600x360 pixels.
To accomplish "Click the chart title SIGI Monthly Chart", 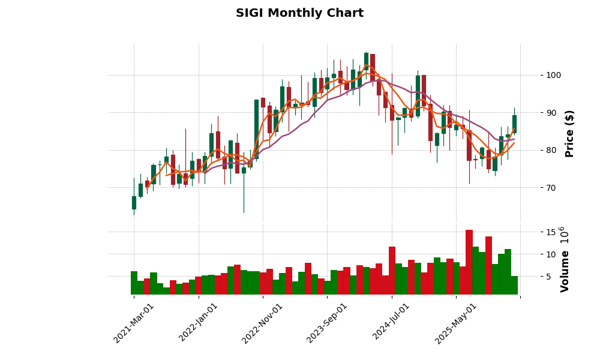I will click(x=299, y=13).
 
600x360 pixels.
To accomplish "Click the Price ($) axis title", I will click(x=570, y=133).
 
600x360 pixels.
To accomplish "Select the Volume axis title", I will click(x=565, y=259).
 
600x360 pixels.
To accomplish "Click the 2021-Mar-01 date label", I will click(x=134, y=323).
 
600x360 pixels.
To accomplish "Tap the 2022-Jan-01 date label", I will click(x=199, y=323).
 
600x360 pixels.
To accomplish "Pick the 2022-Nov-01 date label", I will click(x=263, y=323).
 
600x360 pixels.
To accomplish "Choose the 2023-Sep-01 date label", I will click(x=327, y=323).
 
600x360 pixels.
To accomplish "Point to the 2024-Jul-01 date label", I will click(x=392, y=323).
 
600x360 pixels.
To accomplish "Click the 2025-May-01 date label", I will click(x=456, y=323).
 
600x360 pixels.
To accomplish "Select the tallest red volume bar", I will click(x=469, y=262).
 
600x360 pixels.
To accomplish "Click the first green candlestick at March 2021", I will click(x=134, y=203).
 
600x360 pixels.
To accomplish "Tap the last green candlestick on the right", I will click(x=514, y=124).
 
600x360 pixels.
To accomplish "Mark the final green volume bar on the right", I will click(x=514, y=285).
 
